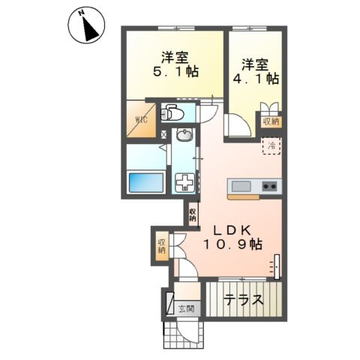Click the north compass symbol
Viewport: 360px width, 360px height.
86,25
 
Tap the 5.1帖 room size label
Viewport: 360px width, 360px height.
175,72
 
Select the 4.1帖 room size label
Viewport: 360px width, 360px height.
256,79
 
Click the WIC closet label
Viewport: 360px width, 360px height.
142,119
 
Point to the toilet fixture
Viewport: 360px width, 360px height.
172,113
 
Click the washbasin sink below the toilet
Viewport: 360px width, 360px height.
184,135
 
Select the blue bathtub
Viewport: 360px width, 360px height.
145,182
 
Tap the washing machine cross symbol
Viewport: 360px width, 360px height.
184,181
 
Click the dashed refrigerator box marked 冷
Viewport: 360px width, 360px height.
271,146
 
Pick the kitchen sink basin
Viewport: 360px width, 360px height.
241,187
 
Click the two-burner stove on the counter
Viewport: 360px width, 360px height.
269,186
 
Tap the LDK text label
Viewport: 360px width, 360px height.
232,230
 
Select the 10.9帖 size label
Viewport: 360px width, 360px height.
233,244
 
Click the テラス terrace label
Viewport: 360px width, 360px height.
244,300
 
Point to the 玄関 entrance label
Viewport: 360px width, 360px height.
186,309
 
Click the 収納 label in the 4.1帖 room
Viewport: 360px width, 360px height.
271,122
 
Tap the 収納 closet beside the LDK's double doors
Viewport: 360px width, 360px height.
162,246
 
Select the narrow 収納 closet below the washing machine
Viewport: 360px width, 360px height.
193,214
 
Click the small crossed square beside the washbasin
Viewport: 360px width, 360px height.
163,134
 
